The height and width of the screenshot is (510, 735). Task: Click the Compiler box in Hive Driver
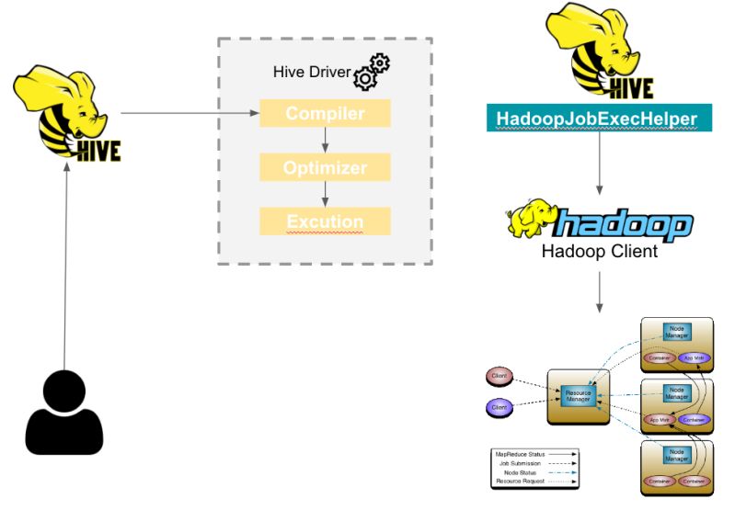tap(325, 114)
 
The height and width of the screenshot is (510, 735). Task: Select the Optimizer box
tap(325, 168)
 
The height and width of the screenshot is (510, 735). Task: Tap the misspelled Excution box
tap(325, 221)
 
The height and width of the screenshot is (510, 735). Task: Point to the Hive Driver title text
tap(313, 72)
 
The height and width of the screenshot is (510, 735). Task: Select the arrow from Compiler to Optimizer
tap(325, 141)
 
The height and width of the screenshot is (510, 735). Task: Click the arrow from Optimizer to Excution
tap(325, 195)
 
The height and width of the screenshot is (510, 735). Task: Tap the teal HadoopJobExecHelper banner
tap(597, 119)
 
